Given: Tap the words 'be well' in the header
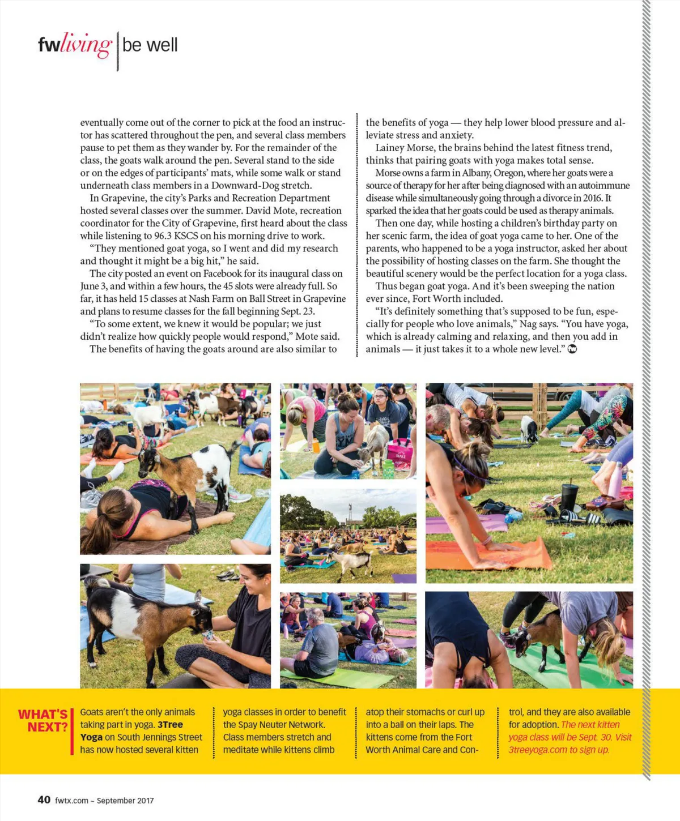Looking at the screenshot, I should pyautogui.click(x=150, y=45).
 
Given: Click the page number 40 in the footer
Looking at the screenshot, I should pyautogui.click(x=44, y=799).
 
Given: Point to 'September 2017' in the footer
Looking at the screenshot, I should pyautogui.click(x=125, y=801).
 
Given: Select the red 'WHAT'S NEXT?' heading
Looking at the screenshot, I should pyautogui.click(x=44, y=720).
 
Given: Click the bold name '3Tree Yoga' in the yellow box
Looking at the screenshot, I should pyautogui.click(x=131, y=731).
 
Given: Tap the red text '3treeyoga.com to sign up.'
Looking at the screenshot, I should pyautogui.click(x=559, y=750).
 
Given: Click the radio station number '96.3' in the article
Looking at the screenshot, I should pyautogui.click(x=164, y=236).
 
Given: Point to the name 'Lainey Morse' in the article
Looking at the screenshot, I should pyautogui.click(x=405, y=148).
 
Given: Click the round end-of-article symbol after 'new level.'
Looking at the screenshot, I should pyautogui.click(x=572, y=349).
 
